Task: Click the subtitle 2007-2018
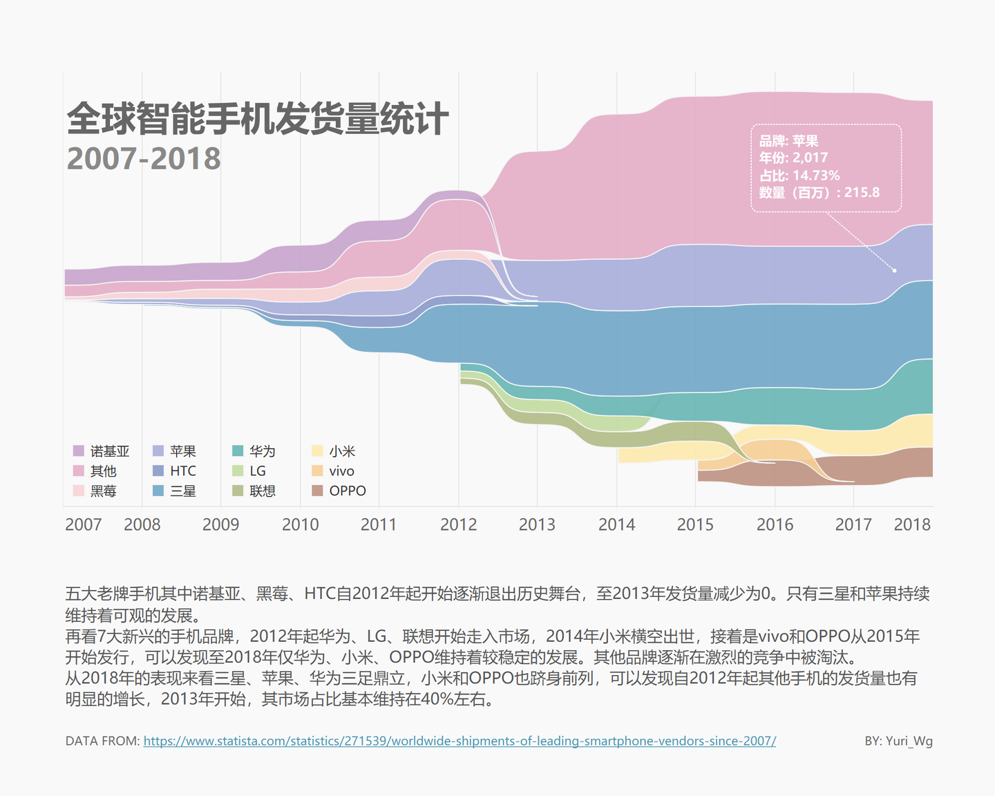(x=144, y=159)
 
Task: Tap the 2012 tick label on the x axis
(x=458, y=524)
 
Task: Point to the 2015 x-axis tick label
(x=695, y=524)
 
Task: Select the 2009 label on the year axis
(x=220, y=524)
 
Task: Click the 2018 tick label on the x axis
(x=912, y=524)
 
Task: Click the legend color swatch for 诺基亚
(x=79, y=451)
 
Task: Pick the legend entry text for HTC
(x=183, y=471)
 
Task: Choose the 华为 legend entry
(x=262, y=451)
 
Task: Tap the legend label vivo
(x=341, y=471)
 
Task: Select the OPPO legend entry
(x=348, y=491)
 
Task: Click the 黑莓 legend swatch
(x=79, y=491)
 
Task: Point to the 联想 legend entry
(x=262, y=491)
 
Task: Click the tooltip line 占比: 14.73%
(x=799, y=176)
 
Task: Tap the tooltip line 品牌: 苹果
(x=788, y=141)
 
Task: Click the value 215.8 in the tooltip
(x=862, y=193)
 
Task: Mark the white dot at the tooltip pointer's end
(x=894, y=270)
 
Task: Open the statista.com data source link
(x=459, y=741)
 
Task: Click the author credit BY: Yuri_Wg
(x=898, y=741)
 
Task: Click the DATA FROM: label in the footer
(x=102, y=741)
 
